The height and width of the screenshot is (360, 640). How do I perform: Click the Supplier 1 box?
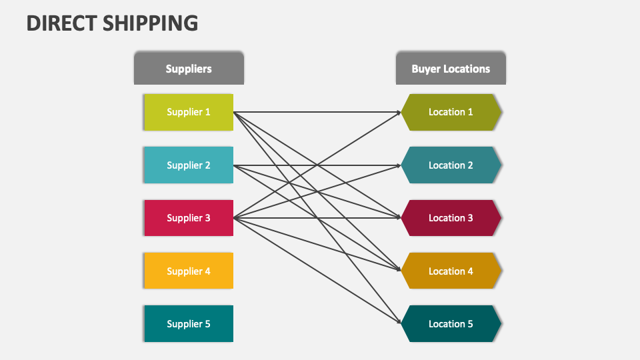coord(189,112)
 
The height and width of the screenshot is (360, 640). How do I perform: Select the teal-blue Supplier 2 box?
coord(189,165)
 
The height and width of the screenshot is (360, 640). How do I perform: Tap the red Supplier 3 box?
coord(189,218)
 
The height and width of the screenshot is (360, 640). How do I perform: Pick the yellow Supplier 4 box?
coord(189,271)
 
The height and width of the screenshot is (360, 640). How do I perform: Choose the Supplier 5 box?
coord(189,324)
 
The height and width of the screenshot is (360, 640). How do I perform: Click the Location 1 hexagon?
coord(451,112)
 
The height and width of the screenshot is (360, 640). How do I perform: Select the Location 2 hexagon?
coord(451,165)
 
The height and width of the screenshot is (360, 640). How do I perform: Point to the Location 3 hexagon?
coord(451,218)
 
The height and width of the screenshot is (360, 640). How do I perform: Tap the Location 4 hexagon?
coord(451,271)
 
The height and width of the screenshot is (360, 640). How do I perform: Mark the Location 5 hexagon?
coord(451,324)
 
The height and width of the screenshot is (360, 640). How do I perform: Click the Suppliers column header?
coord(189,69)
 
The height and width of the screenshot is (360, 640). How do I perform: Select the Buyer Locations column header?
coord(451,69)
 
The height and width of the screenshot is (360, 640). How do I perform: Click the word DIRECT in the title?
coord(61,23)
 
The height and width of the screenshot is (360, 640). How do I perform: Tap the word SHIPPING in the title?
coord(150,23)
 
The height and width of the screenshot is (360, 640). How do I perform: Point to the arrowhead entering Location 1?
coord(397,113)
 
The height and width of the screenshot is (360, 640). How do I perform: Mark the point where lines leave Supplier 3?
coord(235,218)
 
